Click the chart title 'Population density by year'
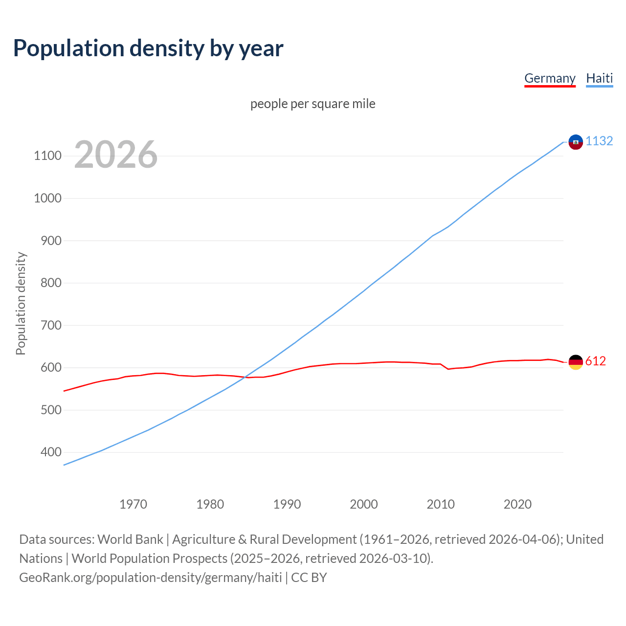click(148, 48)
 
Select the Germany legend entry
click(550, 78)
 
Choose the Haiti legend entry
click(599, 78)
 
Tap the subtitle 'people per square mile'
click(313, 104)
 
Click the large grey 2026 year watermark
click(116, 155)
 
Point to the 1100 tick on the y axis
click(47, 156)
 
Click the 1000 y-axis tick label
click(47, 198)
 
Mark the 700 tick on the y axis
click(50, 325)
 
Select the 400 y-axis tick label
click(50, 452)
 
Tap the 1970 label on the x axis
click(133, 504)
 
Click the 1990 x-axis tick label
click(287, 504)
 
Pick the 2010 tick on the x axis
click(441, 504)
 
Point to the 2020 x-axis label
click(517, 504)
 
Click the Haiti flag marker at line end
click(576, 142)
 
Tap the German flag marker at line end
click(576, 362)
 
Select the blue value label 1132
click(599, 141)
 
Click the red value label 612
click(595, 361)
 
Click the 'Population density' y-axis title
click(21, 303)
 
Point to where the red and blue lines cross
click(246, 377)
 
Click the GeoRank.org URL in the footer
click(150, 578)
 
